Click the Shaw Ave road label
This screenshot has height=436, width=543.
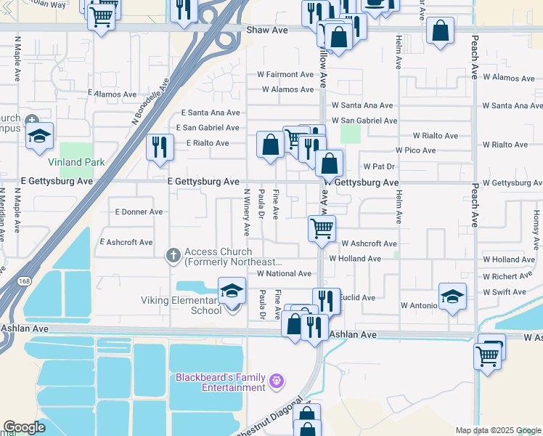point(267,31)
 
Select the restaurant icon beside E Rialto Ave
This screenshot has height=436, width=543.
point(158,147)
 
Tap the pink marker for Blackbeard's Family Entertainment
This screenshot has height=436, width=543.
point(276,381)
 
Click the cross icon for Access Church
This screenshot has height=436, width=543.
point(173,255)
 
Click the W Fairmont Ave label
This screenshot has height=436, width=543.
point(285,74)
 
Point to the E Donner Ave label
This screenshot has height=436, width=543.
point(139,211)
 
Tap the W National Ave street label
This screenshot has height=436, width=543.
point(284,273)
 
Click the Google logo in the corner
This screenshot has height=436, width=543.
point(24,427)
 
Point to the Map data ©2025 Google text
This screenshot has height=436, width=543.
point(498,430)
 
